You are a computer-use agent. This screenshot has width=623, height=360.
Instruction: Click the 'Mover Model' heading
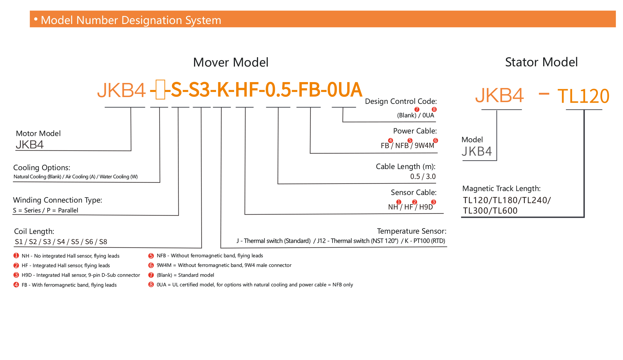click(x=231, y=62)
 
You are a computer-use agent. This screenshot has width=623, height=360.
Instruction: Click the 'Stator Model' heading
click(x=541, y=62)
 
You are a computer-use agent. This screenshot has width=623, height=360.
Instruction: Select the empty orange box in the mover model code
click(x=160, y=90)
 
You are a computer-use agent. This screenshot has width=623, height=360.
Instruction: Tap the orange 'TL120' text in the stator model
click(x=583, y=96)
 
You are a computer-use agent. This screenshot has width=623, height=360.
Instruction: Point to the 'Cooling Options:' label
click(x=42, y=168)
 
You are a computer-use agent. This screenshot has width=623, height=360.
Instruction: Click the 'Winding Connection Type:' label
click(x=58, y=200)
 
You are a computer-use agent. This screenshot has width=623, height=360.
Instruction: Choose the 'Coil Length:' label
click(x=34, y=231)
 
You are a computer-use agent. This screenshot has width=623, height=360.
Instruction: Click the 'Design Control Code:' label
click(x=401, y=101)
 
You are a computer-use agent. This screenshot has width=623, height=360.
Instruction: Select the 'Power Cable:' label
click(x=415, y=131)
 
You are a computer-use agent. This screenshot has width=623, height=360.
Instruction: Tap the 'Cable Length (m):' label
click(x=406, y=166)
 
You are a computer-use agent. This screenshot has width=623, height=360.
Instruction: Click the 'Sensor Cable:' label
click(x=413, y=192)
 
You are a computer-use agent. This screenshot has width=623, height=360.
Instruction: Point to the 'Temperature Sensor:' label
click(x=411, y=231)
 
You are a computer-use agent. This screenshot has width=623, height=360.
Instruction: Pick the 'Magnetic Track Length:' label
click(x=501, y=188)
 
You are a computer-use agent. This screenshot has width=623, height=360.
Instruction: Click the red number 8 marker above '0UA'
click(x=434, y=109)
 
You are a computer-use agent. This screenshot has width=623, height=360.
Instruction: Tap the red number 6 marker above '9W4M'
click(x=435, y=141)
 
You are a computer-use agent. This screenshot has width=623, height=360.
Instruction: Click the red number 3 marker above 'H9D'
click(x=433, y=202)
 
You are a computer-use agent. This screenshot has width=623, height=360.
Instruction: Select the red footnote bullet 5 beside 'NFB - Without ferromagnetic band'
click(x=151, y=256)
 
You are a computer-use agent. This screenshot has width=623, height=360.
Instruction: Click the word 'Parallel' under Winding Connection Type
click(x=68, y=210)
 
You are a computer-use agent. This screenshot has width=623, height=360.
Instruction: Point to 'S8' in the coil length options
click(x=103, y=242)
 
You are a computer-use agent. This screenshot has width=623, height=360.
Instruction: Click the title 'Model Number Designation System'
click(x=131, y=20)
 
